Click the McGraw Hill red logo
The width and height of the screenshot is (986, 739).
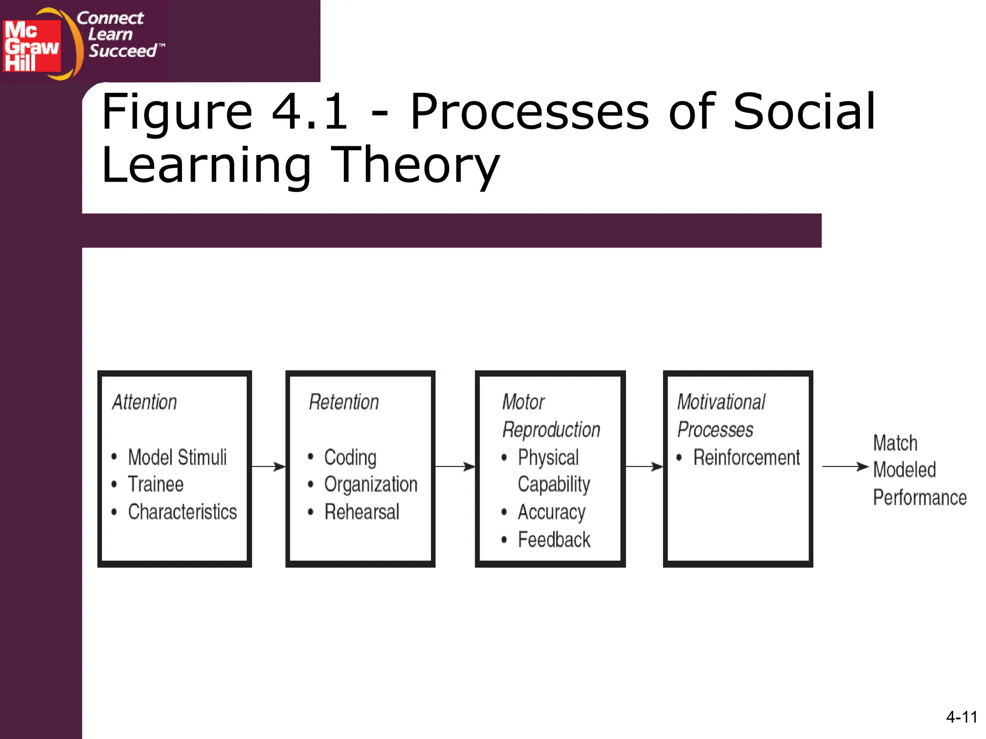click(x=32, y=46)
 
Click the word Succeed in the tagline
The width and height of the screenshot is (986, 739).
click(x=123, y=51)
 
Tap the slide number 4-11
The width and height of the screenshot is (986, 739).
click(x=961, y=717)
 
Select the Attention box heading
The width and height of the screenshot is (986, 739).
click(x=144, y=402)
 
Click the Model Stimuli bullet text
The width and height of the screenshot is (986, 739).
click(x=177, y=457)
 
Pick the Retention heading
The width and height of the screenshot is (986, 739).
click(x=344, y=402)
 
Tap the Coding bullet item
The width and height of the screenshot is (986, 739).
click(x=350, y=457)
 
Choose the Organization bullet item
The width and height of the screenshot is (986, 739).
click(x=371, y=484)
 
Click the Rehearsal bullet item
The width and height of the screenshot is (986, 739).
click(x=362, y=511)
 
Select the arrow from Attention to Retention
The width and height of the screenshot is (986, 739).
click(x=268, y=466)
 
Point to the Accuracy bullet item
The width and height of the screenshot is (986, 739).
click(x=552, y=512)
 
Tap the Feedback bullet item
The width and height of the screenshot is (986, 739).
click(x=554, y=539)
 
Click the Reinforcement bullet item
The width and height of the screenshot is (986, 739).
click(x=746, y=457)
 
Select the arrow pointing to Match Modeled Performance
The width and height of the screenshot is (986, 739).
click(x=845, y=466)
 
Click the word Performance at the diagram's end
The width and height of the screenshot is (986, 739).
click(x=920, y=497)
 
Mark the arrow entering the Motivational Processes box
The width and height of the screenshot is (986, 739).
click(x=644, y=466)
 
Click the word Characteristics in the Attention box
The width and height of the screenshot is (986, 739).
click(x=182, y=511)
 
